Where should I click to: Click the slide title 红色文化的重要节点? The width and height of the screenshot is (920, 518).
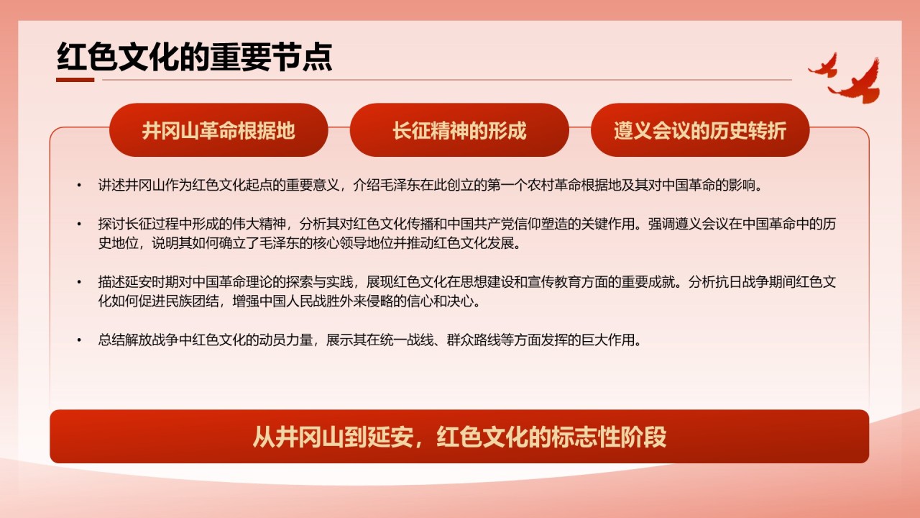click(x=194, y=57)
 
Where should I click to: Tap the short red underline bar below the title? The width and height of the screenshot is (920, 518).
click(x=75, y=80)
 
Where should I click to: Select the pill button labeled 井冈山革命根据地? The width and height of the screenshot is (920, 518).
click(x=218, y=130)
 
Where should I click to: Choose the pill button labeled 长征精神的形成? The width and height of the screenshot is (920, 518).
click(x=459, y=130)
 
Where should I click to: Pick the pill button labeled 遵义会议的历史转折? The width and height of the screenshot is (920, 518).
click(x=700, y=130)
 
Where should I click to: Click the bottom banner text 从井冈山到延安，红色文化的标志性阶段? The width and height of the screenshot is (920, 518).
click(x=459, y=437)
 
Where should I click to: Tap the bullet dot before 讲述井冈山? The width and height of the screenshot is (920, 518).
click(x=79, y=186)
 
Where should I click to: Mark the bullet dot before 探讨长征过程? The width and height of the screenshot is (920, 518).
click(x=79, y=224)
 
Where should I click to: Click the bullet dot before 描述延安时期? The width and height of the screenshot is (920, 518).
click(x=79, y=282)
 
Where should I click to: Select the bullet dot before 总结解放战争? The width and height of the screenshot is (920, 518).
click(x=79, y=340)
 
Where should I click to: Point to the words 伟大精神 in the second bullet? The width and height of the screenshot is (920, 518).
click(x=259, y=224)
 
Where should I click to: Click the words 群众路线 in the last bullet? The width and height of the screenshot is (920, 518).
click(x=474, y=340)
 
